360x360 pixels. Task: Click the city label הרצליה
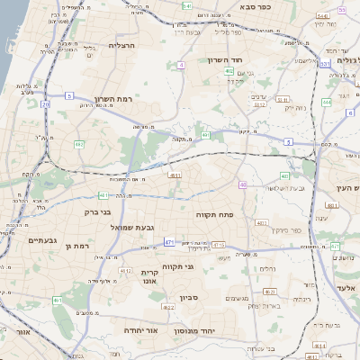pyautogui.click(x=121, y=45)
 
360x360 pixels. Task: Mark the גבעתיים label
pyautogui.click(x=42, y=240)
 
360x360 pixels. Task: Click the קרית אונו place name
pyautogui.click(x=150, y=276)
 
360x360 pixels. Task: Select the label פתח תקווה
pyautogui.click(x=214, y=216)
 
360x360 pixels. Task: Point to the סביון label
pyautogui.click(x=187, y=297)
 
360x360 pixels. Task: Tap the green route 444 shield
pyautogui.click(x=326, y=103)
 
